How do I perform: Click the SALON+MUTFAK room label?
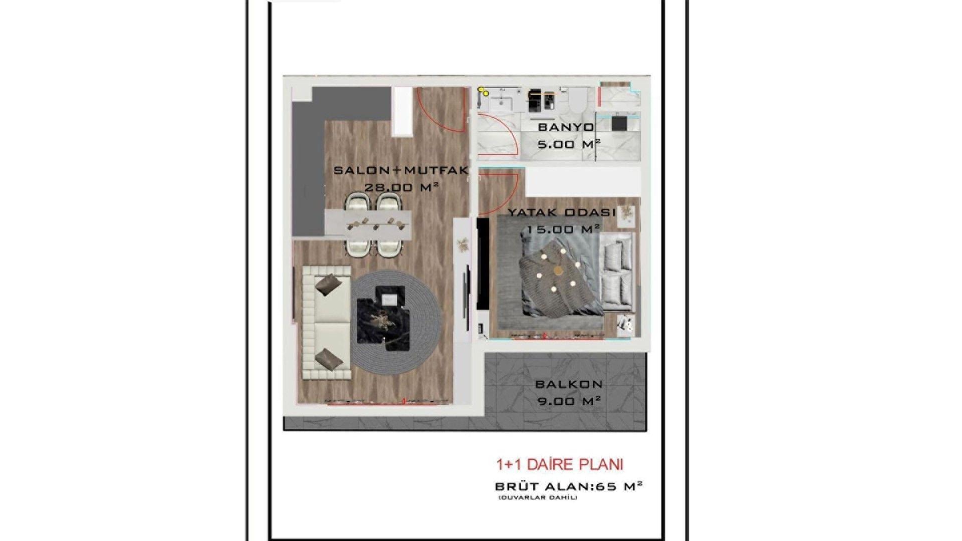point(401,170)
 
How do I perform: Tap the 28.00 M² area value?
point(401,187)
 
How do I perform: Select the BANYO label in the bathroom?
point(566,127)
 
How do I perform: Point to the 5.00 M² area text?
point(569,144)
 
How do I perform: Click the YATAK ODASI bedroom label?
point(562,212)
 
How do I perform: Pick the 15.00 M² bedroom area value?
point(563,229)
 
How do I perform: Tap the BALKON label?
point(569,384)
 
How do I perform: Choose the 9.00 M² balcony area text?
point(569,401)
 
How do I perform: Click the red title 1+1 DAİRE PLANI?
point(559,464)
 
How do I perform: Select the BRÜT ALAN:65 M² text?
point(569,486)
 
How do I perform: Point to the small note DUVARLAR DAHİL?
point(538,497)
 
